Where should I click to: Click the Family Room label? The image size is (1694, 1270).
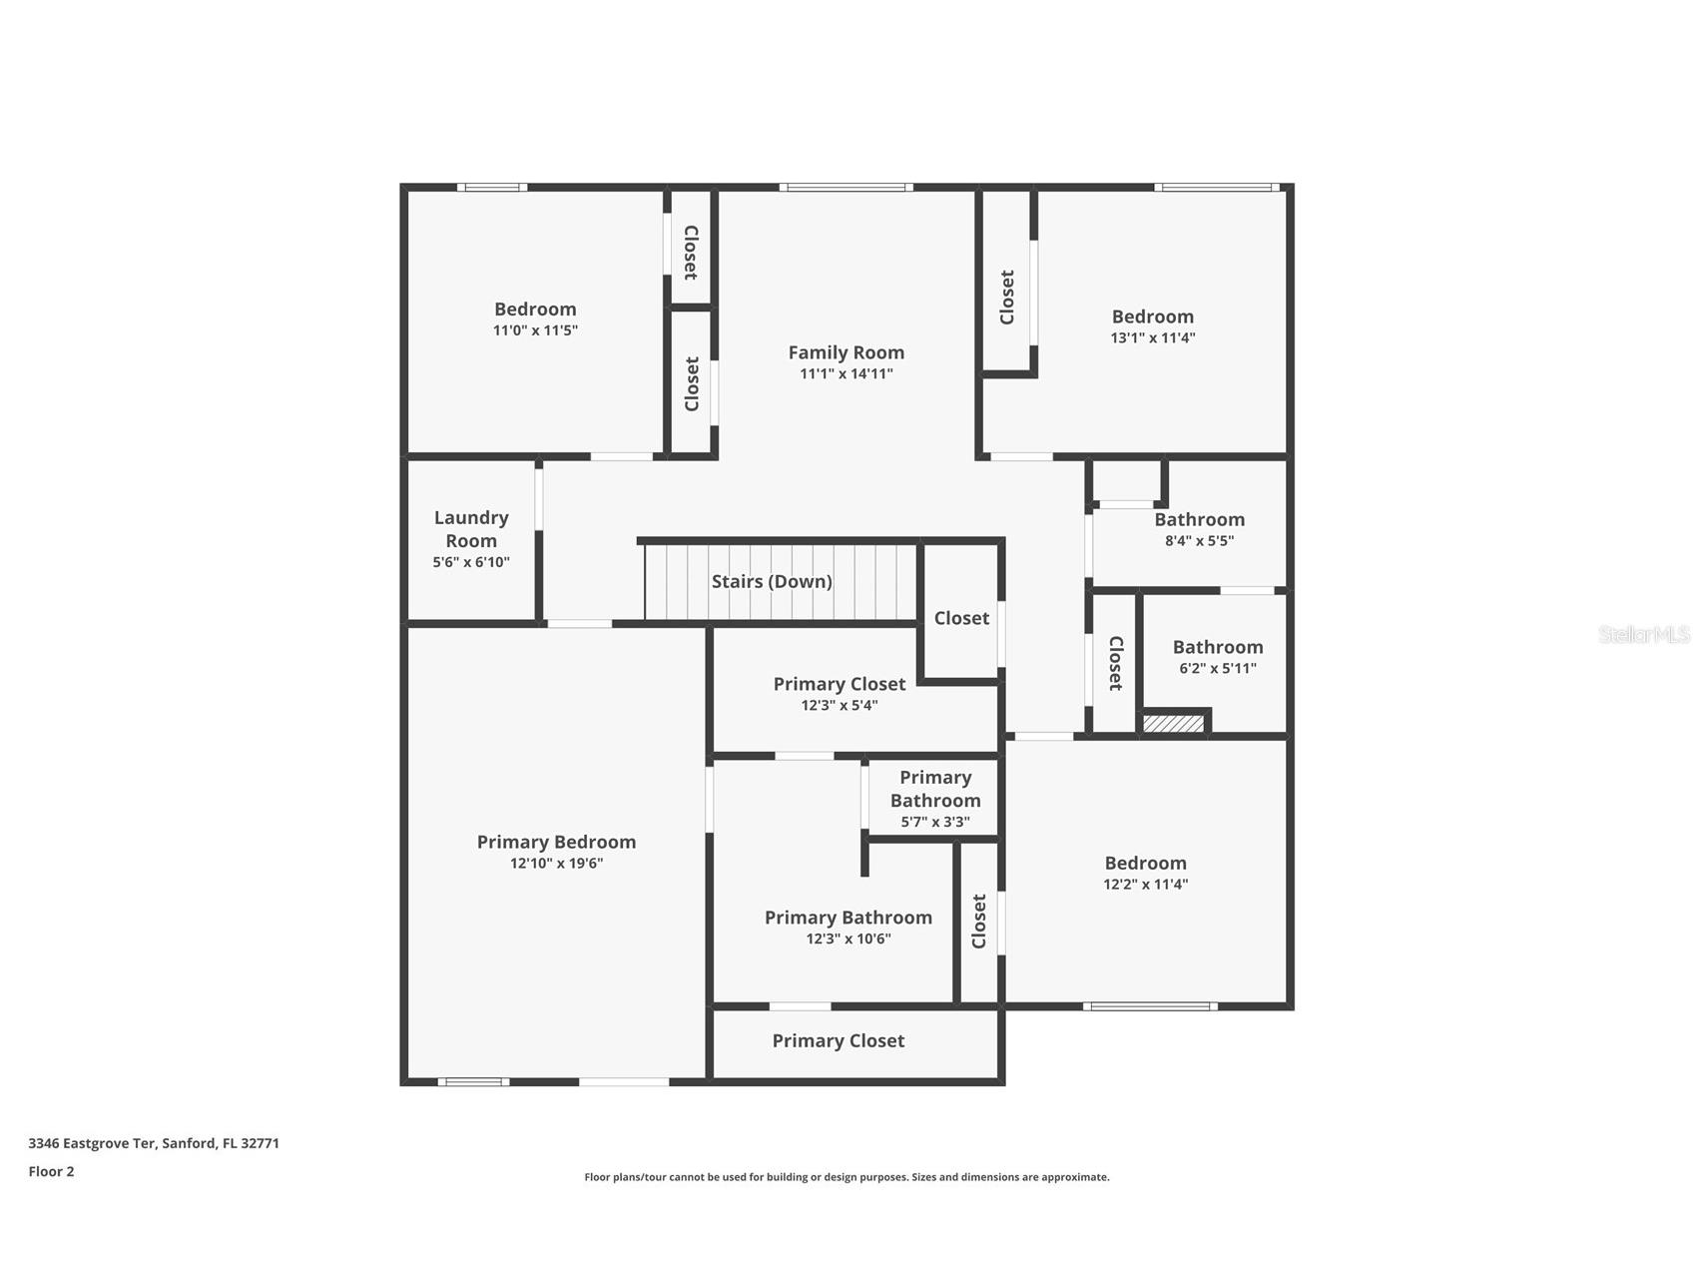[x=846, y=352]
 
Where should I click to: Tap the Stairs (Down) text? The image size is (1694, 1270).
[x=771, y=581]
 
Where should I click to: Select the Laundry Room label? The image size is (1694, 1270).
[x=471, y=529]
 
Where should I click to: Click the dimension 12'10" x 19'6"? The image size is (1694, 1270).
[x=556, y=864]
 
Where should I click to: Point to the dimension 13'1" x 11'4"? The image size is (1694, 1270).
[x=1152, y=337]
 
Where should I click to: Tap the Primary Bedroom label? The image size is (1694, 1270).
[x=556, y=842]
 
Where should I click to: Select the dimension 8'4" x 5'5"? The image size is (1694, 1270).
[x=1199, y=541]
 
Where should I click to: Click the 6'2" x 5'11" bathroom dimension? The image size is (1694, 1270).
[x=1217, y=669]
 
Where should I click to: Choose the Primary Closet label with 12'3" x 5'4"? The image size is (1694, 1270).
[x=839, y=684]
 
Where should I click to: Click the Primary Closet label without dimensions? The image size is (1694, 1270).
[x=838, y=1040]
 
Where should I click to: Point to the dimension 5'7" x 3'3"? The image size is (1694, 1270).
[x=934, y=823]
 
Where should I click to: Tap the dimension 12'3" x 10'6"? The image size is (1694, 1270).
[x=847, y=939]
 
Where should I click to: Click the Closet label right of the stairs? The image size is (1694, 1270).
[x=961, y=618]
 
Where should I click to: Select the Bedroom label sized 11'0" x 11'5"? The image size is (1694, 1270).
[x=535, y=310]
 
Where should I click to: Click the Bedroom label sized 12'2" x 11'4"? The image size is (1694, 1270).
[x=1145, y=863]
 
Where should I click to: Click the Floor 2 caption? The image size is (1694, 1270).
[x=51, y=1171]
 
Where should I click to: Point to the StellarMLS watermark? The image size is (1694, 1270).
[x=1643, y=634]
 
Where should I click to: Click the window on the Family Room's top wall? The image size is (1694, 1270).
[x=845, y=187]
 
